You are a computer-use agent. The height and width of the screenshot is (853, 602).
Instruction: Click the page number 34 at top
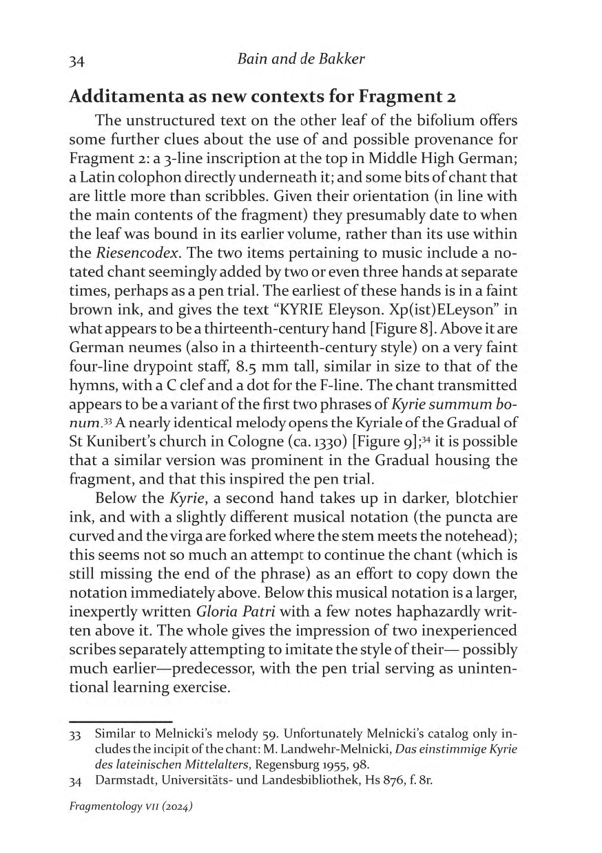[x=76, y=60]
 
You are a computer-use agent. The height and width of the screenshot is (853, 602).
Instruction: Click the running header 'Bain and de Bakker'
[x=300, y=58]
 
